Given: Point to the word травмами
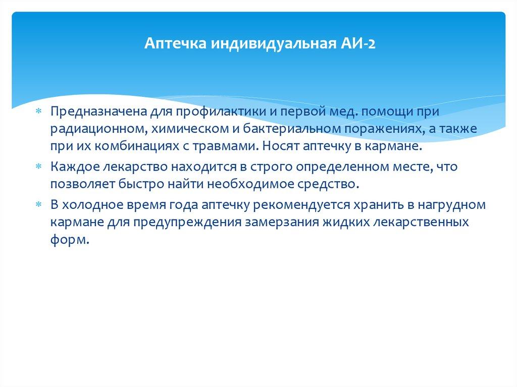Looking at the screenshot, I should click(x=229, y=147).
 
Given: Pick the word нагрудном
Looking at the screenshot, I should click(x=446, y=204).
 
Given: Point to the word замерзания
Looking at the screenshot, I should click(x=283, y=223).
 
